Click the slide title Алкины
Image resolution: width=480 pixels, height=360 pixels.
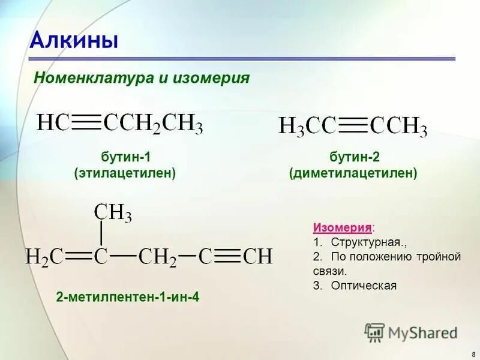[74, 40]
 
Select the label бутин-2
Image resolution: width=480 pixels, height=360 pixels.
[353, 157]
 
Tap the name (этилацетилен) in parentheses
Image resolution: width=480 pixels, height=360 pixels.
[125, 173]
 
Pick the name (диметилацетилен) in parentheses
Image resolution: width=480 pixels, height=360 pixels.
[353, 173]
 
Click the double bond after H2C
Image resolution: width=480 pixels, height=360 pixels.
[77, 256]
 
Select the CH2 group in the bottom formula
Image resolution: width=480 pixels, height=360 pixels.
[157, 257]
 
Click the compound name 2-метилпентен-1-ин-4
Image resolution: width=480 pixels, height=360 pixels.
[127, 296]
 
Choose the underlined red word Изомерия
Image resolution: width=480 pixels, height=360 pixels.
[341, 228]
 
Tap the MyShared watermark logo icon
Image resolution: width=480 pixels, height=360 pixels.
[375, 332]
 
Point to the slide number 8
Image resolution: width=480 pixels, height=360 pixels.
[473, 354]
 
